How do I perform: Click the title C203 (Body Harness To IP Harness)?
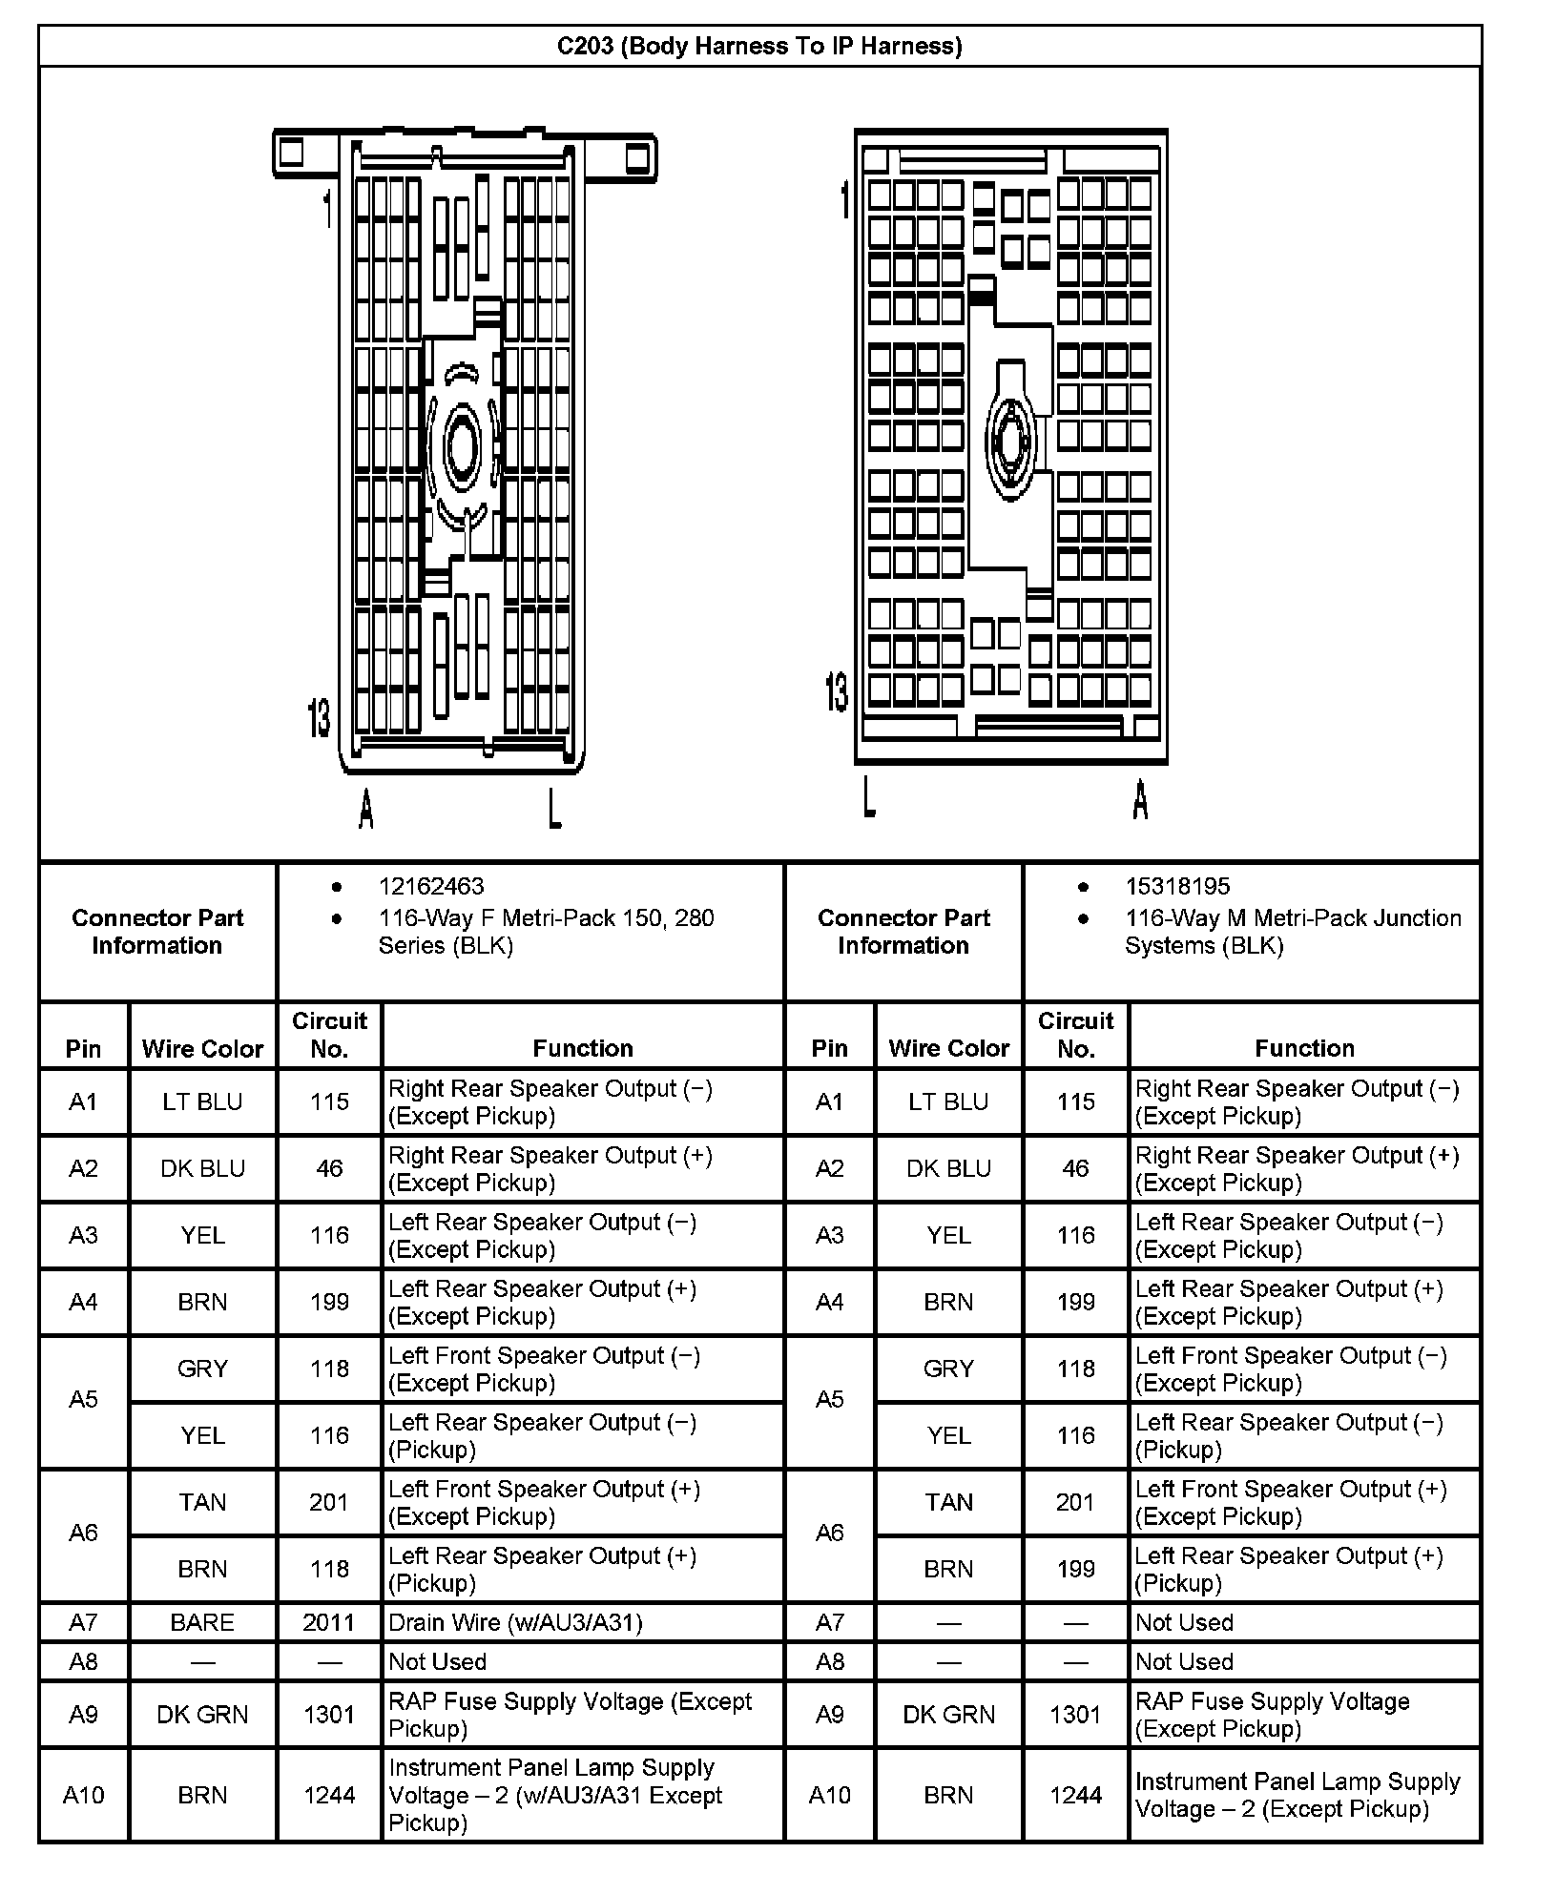[759, 46]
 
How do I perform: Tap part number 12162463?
[431, 886]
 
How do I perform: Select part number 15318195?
[1177, 886]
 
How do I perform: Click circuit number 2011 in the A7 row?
[329, 1622]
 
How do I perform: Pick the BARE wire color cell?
[202, 1622]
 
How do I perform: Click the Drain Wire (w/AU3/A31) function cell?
[515, 1622]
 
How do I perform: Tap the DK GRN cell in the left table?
[202, 1714]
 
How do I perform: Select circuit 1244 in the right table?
[1075, 1795]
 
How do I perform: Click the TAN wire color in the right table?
[948, 1502]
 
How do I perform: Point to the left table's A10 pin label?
[83, 1795]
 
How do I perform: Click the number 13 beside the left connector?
[319, 717]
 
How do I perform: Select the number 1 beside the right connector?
[844, 200]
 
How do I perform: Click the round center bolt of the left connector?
[463, 447]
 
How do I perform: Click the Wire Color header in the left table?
[202, 1048]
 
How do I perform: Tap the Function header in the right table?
[1304, 1048]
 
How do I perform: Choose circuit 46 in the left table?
[329, 1168]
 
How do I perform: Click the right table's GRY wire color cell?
[948, 1369]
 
